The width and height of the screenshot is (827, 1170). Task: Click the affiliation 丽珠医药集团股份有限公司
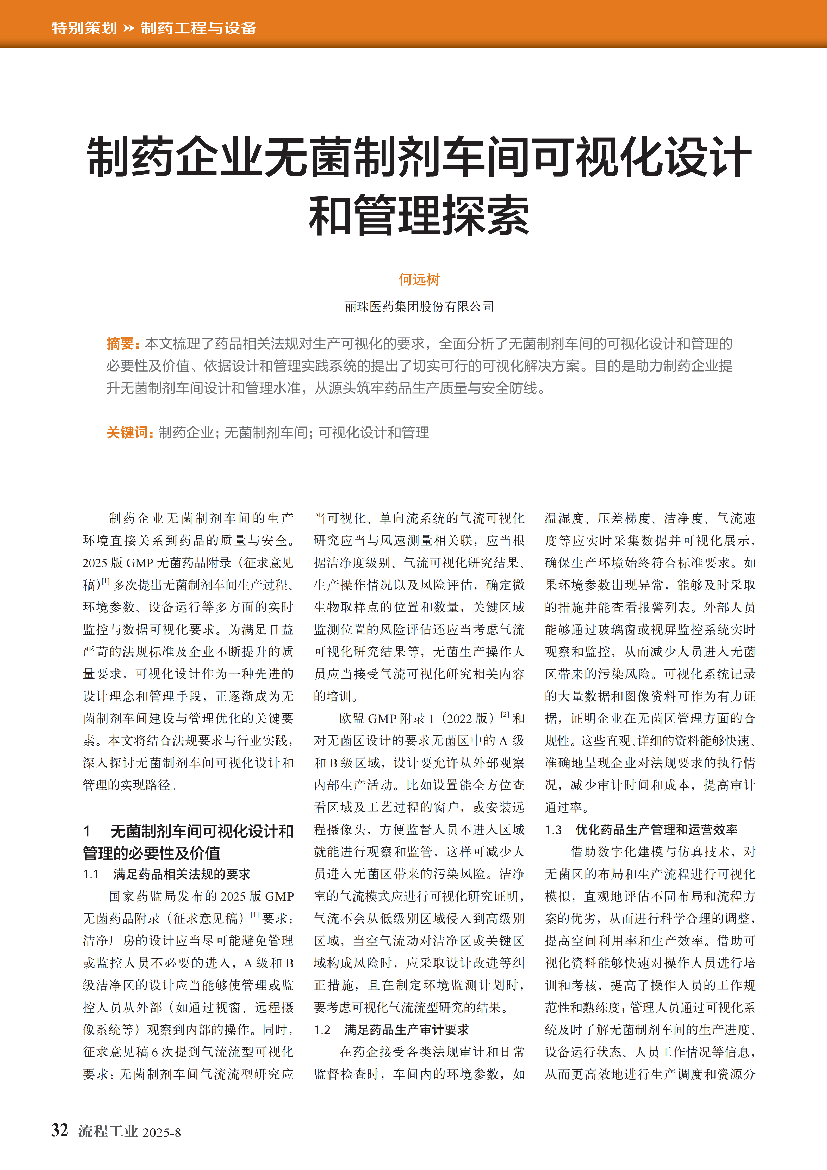click(419, 306)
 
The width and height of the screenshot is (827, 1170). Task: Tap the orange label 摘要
click(120, 344)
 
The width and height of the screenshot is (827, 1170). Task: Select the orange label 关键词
click(127, 433)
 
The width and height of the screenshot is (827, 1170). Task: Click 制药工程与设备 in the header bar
click(198, 28)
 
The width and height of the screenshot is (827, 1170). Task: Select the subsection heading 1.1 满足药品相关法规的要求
click(167, 875)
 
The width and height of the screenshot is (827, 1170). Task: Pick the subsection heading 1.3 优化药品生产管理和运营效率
click(641, 829)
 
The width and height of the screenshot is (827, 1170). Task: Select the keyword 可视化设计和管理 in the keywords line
click(374, 433)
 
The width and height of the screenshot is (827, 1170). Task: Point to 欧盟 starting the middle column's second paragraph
click(352, 719)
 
